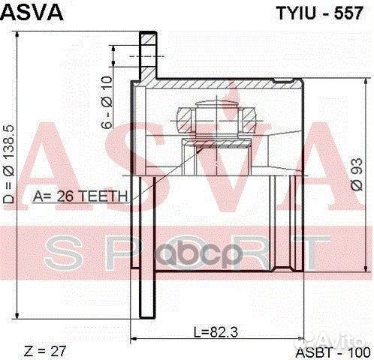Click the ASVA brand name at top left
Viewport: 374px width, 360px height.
coord(32,12)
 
